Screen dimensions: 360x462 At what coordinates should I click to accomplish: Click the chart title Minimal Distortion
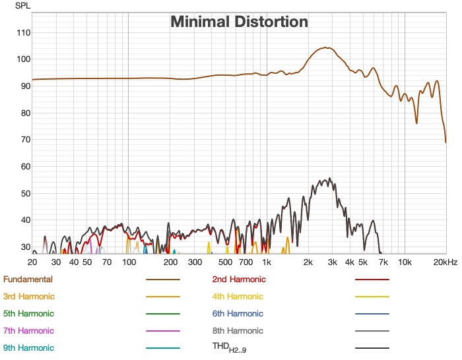[239, 22]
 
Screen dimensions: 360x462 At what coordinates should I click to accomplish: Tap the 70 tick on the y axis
[24, 140]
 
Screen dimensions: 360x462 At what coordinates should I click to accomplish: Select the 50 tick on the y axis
[24, 193]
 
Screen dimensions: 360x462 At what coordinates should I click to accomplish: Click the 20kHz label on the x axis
[445, 262]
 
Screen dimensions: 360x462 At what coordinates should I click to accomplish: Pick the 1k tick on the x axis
[267, 262]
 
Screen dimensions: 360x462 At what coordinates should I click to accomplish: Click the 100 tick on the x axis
[129, 262]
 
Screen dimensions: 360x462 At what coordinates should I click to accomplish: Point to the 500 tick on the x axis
[225, 262]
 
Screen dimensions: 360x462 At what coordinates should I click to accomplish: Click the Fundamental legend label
[28, 280]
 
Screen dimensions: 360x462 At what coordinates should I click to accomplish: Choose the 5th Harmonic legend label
[28, 314]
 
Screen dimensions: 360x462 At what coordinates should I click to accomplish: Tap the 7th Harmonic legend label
[28, 330]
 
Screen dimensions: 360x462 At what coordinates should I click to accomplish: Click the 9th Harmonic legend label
[28, 347]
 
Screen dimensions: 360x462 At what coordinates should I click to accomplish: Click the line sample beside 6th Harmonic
[372, 314]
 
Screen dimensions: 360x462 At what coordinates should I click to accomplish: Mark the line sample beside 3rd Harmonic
[162, 297]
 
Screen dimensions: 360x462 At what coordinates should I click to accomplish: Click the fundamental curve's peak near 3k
[325, 47]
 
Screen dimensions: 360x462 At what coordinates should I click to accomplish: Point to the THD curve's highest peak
[329, 178]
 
